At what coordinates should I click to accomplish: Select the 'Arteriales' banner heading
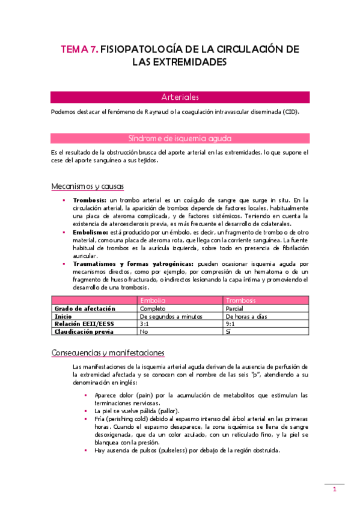(x=180, y=97)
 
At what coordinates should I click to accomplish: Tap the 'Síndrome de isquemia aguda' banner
(x=180, y=138)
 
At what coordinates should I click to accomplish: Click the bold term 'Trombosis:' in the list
(x=90, y=200)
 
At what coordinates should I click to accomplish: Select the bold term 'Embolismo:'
(x=91, y=231)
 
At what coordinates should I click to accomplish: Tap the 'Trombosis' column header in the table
(x=240, y=300)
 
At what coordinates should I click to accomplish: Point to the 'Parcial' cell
(x=234, y=308)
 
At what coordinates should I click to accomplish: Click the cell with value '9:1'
(x=230, y=324)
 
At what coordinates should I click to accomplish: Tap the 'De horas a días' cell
(x=245, y=316)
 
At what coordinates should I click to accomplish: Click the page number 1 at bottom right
(x=335, y=490)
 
